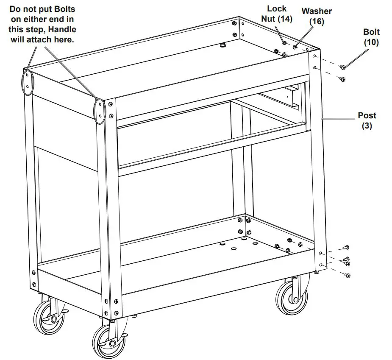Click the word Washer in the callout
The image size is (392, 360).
(x=316, y=11)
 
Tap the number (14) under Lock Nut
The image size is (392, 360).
(x=284, y=19)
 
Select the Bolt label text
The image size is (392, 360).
(x=371, y=32)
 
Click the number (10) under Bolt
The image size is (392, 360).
(x=371, y=42)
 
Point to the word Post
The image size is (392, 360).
(x=367, y=115)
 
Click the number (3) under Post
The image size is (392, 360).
(x=367, y=126)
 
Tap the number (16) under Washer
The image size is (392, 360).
(x=316, y=21)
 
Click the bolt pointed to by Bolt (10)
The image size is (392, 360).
(x=343, y=67)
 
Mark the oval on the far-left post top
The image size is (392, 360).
(x=27, y=81)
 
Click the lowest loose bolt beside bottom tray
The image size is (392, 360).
(x=348, y=276)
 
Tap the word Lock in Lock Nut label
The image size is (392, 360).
(x=277, y=9)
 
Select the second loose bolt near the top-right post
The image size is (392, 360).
(x=342, y=79)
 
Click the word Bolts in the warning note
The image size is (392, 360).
(x=64, y=9)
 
